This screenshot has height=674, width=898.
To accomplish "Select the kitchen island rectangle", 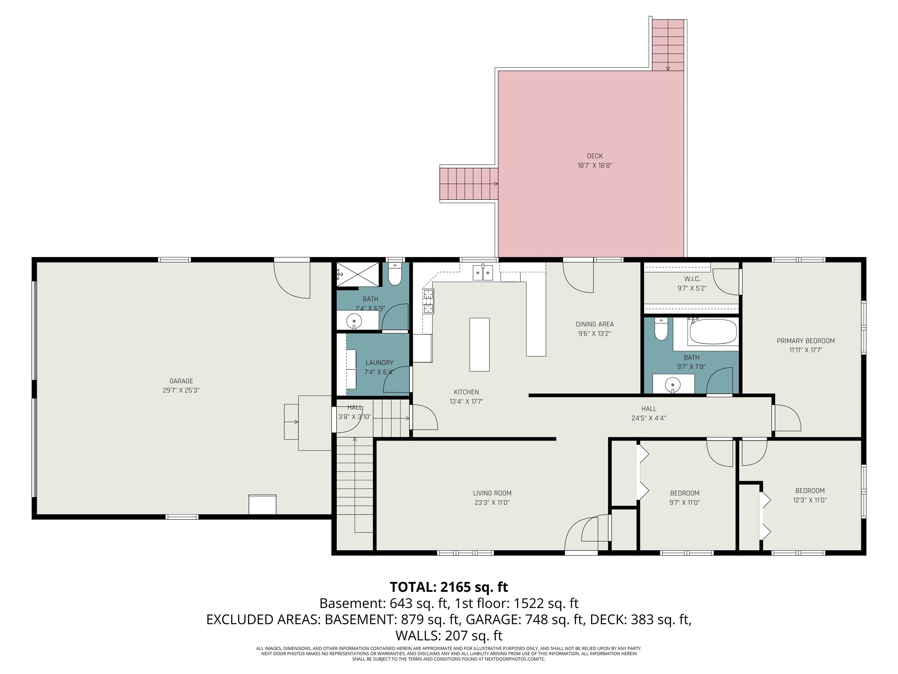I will coord(479,345).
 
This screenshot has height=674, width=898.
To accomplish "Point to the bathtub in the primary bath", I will coord(713,332).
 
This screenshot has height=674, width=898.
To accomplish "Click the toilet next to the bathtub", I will coord(661,329).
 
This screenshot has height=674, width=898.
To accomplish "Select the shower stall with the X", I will coord(358,275).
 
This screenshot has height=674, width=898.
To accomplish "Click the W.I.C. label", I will coord(692,279).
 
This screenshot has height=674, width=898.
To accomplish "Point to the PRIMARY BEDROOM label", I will coord(805,341).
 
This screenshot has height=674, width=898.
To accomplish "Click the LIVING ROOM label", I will coord(492,493).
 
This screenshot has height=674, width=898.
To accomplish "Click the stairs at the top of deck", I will coord(668,45).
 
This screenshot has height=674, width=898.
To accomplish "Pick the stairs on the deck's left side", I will coord(469,184).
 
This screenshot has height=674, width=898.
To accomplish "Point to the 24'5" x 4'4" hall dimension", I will coord(648,418).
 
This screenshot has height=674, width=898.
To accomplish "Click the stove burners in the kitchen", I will coord(428,301).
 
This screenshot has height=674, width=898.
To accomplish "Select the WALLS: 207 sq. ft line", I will coord(449,635).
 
